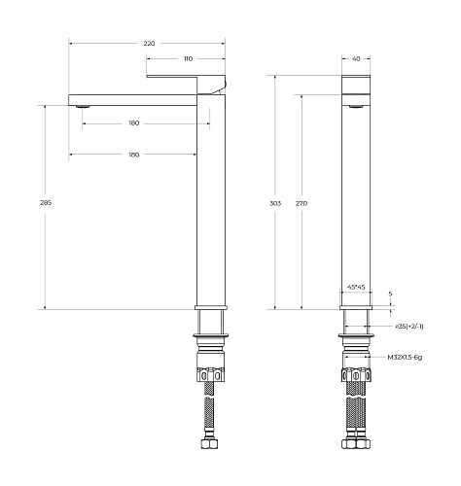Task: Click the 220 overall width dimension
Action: click(x=149, y=44)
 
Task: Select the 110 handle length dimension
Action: click(x=186, y=59)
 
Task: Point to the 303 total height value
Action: click(x=275, y=204)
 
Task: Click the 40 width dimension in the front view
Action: click(x=356, y=59)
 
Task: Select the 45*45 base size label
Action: click(x=356, y=288)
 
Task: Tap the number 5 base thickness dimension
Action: click(x=390, y=293)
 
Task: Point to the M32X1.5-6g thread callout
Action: click(x=408, y=357)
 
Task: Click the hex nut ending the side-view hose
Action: click(x=211, y=447)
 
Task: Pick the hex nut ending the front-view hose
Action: click(x=356, y=447)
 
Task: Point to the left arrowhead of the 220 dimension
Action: click(x=71, y=44)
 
